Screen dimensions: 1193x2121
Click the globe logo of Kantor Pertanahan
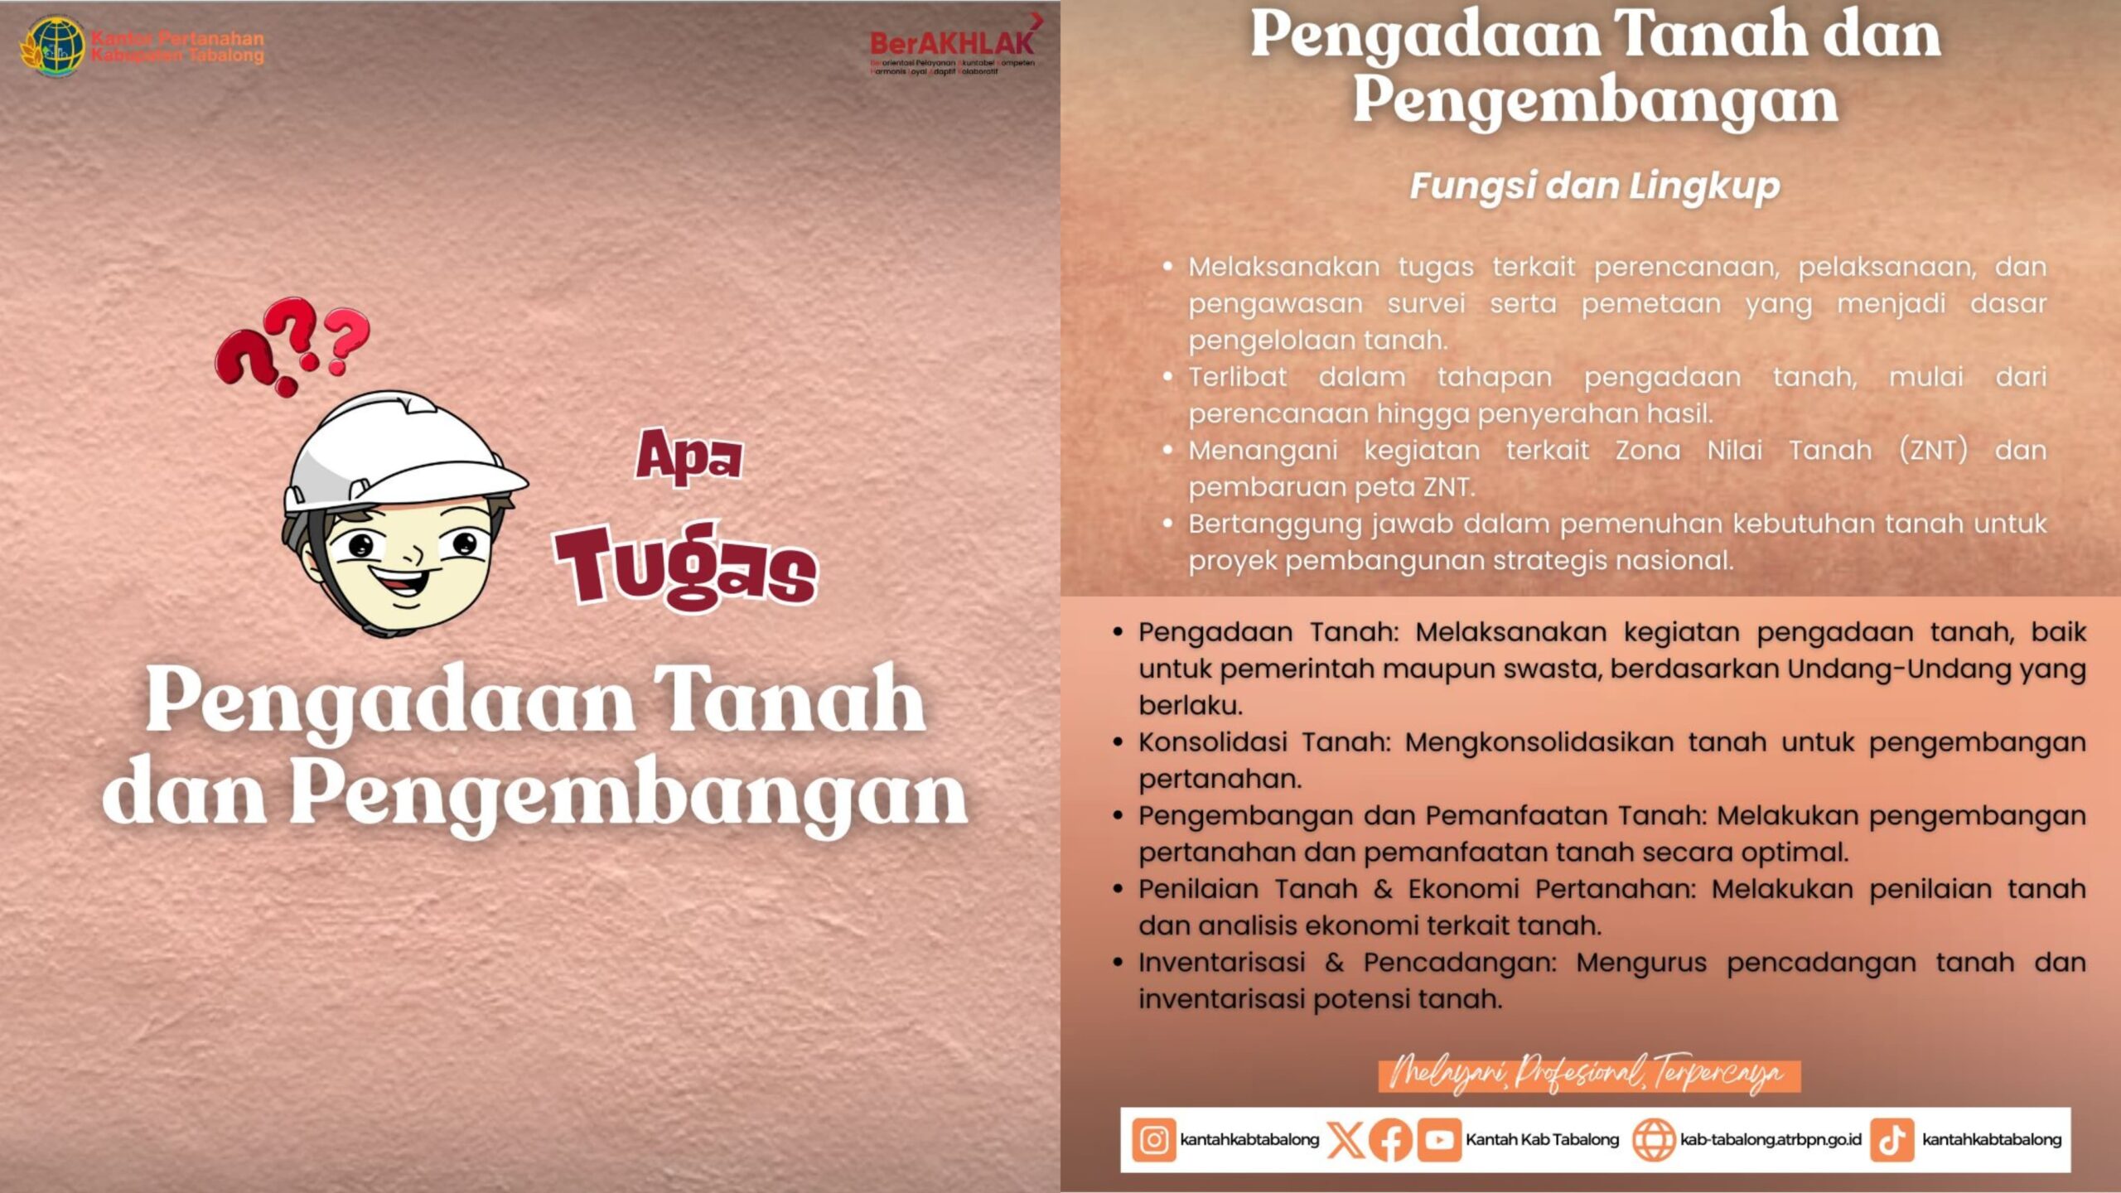click(54, 46)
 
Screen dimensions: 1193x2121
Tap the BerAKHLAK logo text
click(951, 42)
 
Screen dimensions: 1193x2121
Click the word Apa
click(688, 456)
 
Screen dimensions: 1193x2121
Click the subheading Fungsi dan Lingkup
click(1594, 186)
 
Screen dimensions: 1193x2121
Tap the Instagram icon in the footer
click(1153, 1140)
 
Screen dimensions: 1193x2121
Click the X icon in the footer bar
click(1346, 1140)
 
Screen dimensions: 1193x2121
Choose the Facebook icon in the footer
click(1391, 1140)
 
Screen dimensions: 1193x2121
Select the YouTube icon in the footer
click(1439, 1140)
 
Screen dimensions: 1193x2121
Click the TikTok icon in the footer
click(1892, 1140)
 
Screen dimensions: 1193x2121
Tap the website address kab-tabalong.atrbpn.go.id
click(1771, 1140)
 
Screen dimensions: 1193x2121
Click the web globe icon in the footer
click(1654, 1140)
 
